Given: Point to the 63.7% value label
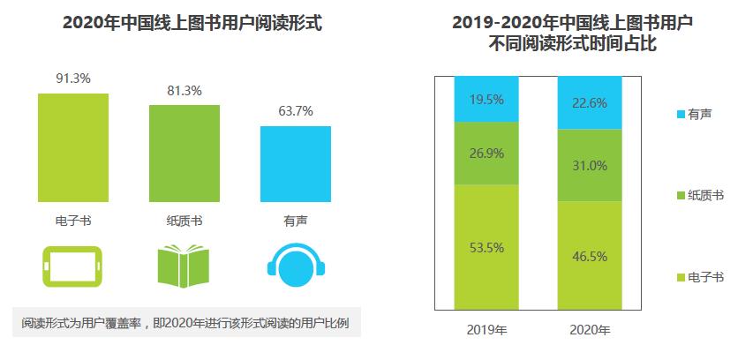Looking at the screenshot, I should point(296,111).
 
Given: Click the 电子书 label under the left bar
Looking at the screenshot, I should point(73,221).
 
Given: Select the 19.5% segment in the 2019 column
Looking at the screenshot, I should point(486,99).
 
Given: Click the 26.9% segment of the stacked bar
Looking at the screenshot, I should point(486,153).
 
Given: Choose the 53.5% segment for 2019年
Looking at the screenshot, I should point(486,247).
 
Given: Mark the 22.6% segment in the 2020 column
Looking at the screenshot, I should point(589,102).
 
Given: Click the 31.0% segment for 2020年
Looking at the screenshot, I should point(589,165).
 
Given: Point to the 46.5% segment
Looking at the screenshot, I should point(589,256).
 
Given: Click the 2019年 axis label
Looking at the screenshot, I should point(486,331).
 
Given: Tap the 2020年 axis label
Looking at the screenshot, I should point(589,331).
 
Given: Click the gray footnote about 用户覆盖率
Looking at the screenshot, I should point(185,323).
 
